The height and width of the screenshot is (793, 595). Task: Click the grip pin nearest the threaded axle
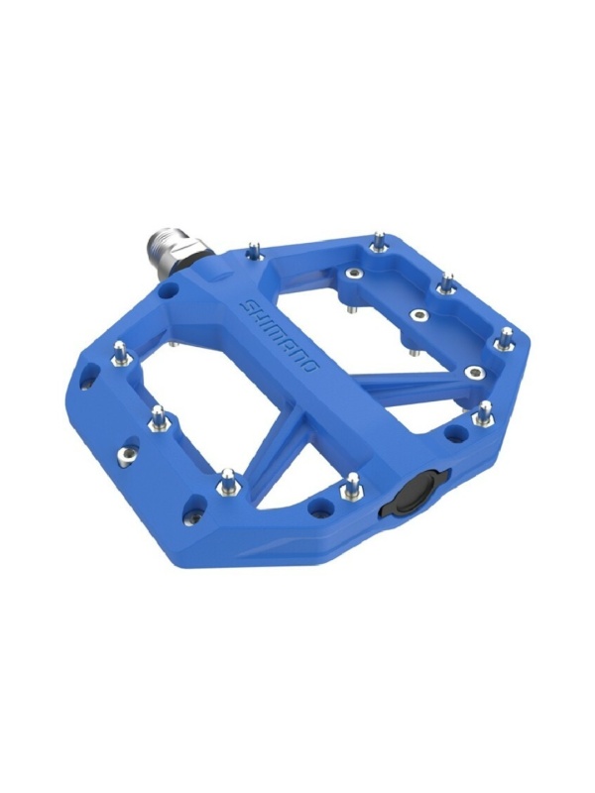(x=256, y=252)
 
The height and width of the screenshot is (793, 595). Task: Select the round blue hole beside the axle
(x=169, y=291)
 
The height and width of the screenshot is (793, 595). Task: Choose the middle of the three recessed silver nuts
(x=418, y=315)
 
